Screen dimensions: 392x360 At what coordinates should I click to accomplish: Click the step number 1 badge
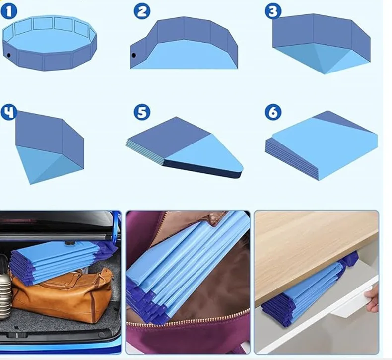9,12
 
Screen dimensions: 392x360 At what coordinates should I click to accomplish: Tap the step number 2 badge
142,11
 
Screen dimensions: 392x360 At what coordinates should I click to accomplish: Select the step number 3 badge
273,11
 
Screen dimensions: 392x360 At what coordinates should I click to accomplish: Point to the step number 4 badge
9,112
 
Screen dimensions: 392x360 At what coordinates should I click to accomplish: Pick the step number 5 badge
142,112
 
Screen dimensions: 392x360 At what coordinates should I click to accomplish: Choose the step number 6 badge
273,112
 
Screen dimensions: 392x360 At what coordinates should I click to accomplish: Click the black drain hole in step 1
9,55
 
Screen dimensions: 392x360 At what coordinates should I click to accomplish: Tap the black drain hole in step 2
134,55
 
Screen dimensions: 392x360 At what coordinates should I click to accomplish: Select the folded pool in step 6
321,145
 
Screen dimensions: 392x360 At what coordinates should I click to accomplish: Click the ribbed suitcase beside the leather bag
5,288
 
